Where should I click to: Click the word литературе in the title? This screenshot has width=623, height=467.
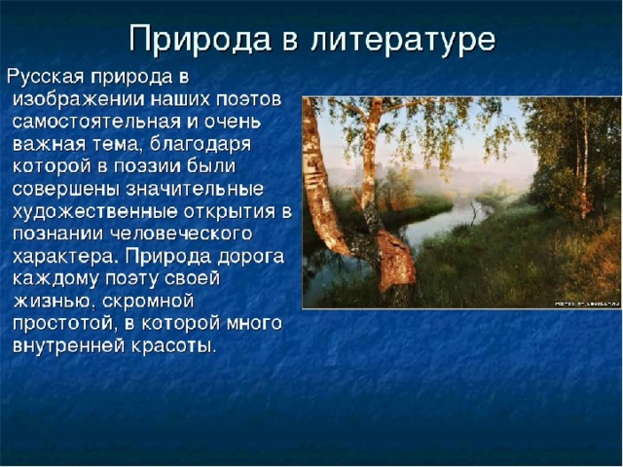(403, 39)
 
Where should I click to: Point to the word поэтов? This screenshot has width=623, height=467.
(249, 99)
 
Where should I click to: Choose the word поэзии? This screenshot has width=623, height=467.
(147, 166)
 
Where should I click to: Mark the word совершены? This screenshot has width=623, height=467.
(66, 189)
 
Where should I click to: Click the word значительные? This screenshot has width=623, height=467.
(195, 189)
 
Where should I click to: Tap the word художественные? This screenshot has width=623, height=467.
(95, 212)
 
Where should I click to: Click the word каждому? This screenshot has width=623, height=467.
(55, 279)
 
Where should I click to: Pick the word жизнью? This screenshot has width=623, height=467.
(55, 302)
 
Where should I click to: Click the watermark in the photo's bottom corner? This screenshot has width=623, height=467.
(587, 304)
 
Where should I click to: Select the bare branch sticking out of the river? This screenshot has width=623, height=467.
(474, 212)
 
